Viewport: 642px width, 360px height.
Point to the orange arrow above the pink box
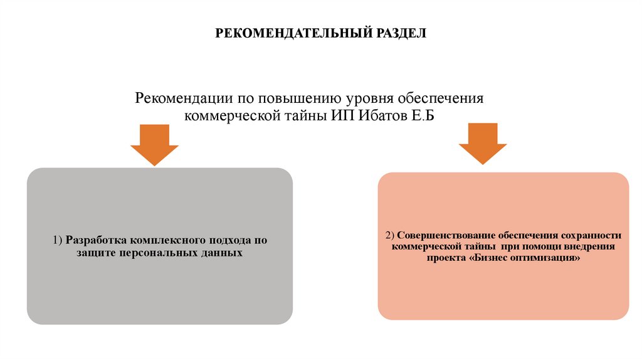483,143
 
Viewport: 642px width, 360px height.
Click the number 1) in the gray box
57,240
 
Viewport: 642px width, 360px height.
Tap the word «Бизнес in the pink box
490,258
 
